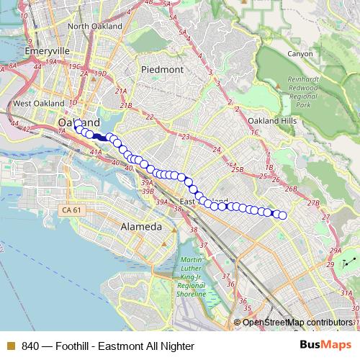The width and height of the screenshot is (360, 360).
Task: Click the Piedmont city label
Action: (163, 70)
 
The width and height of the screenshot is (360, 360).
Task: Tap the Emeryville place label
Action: (46, 52)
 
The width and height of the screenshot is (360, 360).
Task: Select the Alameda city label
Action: (136, 225)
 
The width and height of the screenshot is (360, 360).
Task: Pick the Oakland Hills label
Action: (271, 121)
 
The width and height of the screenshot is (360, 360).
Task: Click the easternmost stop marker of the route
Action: (283, 215)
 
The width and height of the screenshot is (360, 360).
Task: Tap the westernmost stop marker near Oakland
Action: (76, 123)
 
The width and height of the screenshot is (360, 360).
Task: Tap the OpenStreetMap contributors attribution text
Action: (298, 322)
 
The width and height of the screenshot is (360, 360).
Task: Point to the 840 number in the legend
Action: (30, 346)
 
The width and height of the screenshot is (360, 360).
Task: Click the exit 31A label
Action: (347, 294)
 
